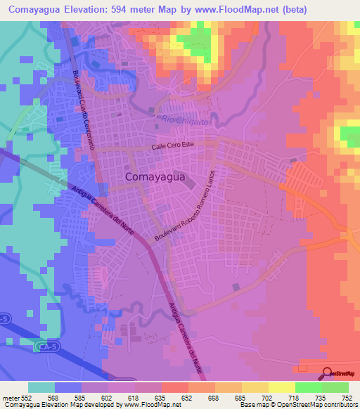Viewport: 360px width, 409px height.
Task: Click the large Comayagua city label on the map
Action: (x=155, y=178)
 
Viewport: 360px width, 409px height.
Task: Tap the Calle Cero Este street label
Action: (x=182, y=146)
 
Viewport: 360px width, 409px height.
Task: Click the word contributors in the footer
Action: (x=337, y=405)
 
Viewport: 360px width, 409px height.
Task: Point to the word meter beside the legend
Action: (x=10, y=398)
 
